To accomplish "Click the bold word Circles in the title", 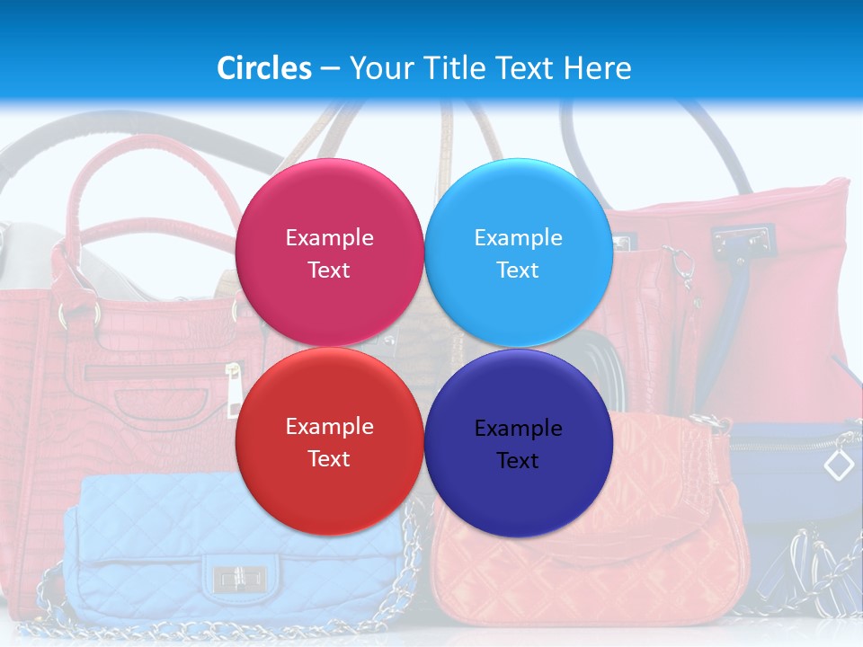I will tap(263, 68).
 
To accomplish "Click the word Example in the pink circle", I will tap(329, 237).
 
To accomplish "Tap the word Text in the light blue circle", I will tap(518, 270).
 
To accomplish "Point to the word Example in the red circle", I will tap(329, 426).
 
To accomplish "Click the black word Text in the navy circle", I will tap(518, 460).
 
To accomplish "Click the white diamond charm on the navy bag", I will tap(839, 465).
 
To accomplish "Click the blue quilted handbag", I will tap(162, 548).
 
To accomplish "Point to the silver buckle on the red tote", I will tap(743, 239).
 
